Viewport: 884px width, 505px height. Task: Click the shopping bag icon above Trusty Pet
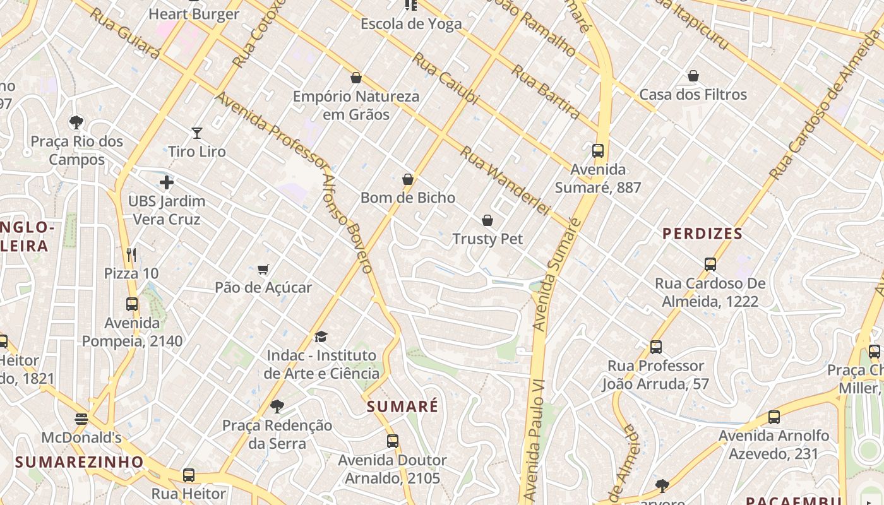487,220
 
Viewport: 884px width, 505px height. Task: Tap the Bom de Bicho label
408,198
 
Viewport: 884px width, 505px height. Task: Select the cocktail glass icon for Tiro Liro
197,133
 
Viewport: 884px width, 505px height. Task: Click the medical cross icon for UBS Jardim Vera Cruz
167,183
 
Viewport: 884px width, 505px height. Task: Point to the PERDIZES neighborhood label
702,234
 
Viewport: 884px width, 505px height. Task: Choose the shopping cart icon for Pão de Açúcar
263,270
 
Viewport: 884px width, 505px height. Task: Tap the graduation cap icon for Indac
321,336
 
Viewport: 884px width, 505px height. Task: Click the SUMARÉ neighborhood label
402,407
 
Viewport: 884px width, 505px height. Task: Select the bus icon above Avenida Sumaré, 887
598,151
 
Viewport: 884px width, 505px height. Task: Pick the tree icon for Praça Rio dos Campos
76,122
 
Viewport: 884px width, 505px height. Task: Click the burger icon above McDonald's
81,419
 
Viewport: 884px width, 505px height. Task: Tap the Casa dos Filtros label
693,95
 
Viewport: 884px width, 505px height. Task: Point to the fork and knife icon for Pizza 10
131,255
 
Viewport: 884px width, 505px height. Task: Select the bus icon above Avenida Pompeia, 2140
132,304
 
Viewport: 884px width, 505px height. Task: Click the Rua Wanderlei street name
505,180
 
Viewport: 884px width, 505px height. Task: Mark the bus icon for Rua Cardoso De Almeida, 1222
710,264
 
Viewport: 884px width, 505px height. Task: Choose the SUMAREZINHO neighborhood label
80,462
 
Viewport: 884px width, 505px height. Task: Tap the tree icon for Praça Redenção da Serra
277,406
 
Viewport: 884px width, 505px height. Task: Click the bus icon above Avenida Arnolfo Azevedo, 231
774,417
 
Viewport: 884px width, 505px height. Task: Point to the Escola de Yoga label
411,24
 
